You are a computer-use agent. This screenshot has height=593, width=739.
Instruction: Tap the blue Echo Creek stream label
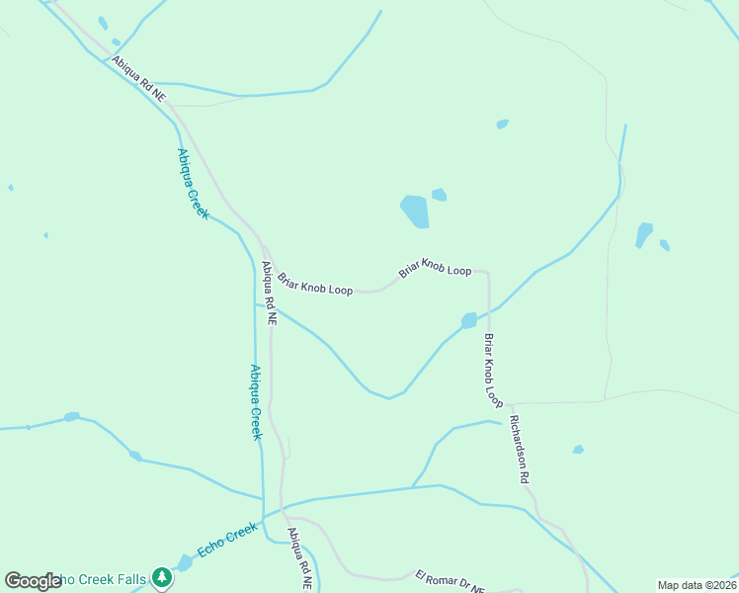point(227,542)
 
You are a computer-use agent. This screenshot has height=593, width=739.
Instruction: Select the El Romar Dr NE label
point(450,582)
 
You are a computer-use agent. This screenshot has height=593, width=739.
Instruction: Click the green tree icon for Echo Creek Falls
point(162,577)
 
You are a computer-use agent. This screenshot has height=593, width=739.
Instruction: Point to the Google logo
point(33,581)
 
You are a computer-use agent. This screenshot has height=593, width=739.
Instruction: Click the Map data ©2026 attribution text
point(697,585)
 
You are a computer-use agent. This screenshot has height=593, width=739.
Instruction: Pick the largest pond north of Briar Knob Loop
point(415,211)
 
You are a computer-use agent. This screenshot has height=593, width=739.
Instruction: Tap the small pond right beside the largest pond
point(439,195)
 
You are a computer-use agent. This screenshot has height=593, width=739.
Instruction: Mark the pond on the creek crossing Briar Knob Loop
point(468,320)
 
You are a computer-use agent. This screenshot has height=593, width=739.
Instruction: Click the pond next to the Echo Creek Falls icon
point(185,563)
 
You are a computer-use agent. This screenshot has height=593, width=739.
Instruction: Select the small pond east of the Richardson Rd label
point(578,450)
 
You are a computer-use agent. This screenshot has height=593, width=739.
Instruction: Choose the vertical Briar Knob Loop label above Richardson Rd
point(493,372)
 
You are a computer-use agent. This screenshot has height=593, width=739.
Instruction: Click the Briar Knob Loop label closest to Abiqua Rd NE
point(315,285)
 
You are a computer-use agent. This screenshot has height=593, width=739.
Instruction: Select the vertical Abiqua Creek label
point(255,401)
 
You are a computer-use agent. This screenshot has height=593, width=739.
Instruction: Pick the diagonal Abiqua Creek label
point(193,183)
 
